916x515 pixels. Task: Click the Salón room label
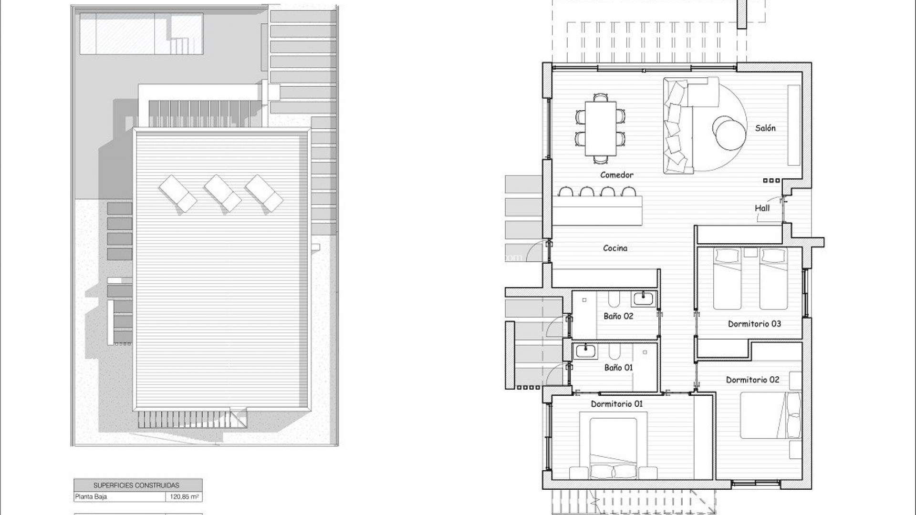[765, 128]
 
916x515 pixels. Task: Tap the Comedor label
[617, 175]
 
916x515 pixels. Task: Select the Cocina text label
[615, 248]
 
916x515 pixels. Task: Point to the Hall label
[762, 208]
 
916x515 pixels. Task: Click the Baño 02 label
[618, 316]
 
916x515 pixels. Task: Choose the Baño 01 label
[618, 368]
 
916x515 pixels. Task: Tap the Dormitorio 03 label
[754, 324]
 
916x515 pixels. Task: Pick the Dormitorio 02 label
[752, 380]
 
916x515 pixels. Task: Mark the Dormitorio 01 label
[617, 404]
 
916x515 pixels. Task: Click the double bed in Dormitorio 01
[614, 449]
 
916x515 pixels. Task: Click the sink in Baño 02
[644, 299]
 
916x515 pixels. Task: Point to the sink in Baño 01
[585, 351]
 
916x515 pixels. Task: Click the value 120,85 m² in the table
[184, 497]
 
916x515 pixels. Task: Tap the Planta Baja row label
[91, 497]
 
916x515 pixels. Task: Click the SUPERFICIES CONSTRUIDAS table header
[136, 485]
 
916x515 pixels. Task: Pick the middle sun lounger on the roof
[222, 193]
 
